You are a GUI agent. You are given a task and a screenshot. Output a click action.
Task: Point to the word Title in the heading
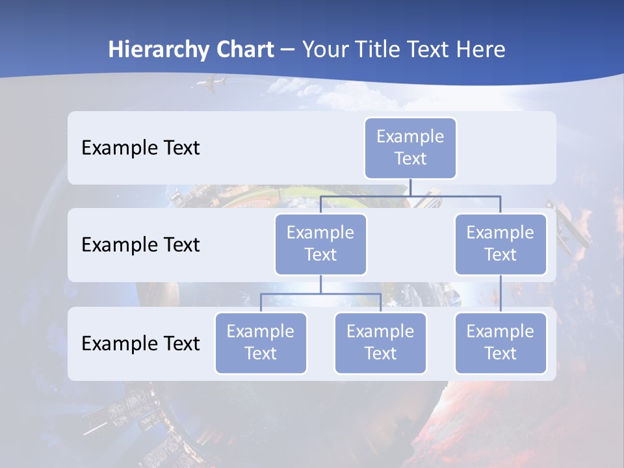[380, 50]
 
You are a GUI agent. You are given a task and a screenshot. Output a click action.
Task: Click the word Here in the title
[480, 50]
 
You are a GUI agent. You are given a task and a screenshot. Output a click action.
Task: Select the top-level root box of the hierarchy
[410, 148]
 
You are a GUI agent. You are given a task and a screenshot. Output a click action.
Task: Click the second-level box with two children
[320, 244]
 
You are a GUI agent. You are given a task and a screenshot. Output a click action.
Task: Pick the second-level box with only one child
[500, 244]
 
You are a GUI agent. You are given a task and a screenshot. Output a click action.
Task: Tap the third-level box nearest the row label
[261, 343]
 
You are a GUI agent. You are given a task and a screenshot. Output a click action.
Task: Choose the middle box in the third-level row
[380, 343]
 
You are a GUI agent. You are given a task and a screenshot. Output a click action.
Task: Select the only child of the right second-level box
[500, 343]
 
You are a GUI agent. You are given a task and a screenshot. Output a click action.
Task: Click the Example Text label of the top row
[140, 148]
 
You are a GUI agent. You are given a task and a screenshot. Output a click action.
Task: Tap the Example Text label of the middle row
[140, 245]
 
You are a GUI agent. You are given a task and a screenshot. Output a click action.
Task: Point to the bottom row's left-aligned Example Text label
[140, 343]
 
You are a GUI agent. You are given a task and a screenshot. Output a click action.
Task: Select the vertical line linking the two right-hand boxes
[500, 293]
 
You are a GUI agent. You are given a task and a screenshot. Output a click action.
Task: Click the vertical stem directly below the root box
[410, 187]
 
